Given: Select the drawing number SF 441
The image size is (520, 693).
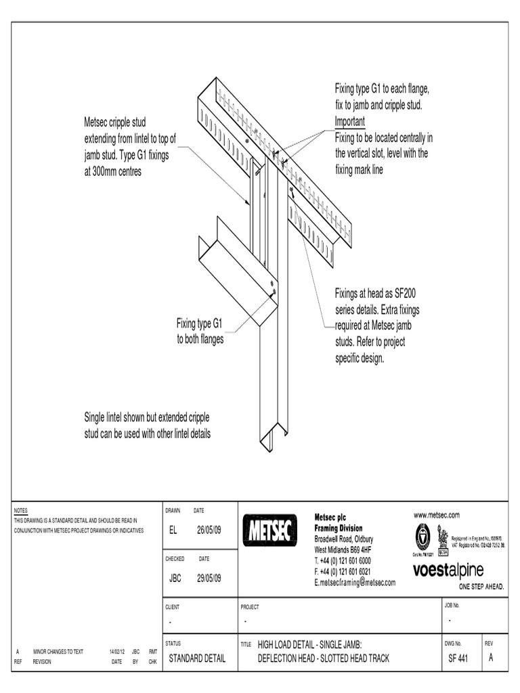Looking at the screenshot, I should (457, 658).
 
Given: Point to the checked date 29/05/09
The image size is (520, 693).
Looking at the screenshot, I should (209, 579).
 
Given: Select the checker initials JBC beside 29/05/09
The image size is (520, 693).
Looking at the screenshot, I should (175, 579).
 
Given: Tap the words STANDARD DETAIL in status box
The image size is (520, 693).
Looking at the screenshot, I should (197, 658).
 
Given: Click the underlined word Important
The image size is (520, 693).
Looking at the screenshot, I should (349, 122).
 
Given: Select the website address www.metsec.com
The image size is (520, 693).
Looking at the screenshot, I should (437, 515).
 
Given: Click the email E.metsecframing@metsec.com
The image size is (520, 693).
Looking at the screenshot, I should (355, 582).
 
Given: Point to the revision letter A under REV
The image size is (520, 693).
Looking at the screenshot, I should (491, 658).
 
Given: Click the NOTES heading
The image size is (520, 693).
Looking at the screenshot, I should (21, 510).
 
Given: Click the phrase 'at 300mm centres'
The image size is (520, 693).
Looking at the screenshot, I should (113, 171).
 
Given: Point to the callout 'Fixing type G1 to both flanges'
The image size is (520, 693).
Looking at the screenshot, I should (200, 331).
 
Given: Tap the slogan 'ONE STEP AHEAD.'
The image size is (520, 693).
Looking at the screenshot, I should (481, 586).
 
